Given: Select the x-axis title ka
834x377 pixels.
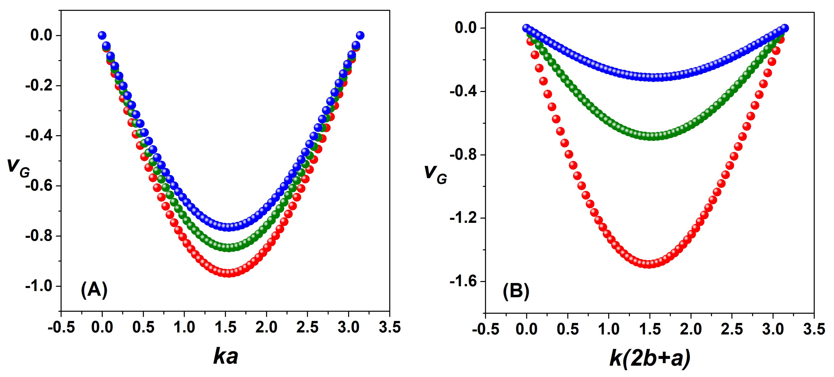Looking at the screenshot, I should pos(226,356).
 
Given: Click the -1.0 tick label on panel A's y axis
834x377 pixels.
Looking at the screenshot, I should pos(39,286).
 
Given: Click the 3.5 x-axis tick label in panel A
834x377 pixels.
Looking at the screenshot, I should pos(390,327).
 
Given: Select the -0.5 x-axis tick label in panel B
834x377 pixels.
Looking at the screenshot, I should pos(485,329).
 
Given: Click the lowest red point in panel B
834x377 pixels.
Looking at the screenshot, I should pos(649,264).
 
